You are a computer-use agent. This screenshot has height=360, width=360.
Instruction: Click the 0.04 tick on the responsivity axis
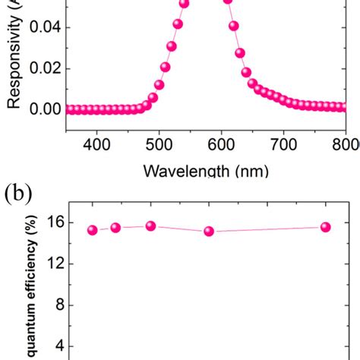click(43, 28)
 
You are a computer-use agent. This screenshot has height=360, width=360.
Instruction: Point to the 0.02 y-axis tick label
click(43, 69)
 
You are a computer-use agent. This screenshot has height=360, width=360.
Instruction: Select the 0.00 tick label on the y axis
click(43, 109)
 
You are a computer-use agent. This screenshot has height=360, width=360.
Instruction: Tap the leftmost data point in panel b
click(93, 230)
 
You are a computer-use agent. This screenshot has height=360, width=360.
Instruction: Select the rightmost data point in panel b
click(325, 227)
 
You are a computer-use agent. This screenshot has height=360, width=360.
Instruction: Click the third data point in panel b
click(150, 226)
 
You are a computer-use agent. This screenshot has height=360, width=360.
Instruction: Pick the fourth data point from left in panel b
click(209, 232)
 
